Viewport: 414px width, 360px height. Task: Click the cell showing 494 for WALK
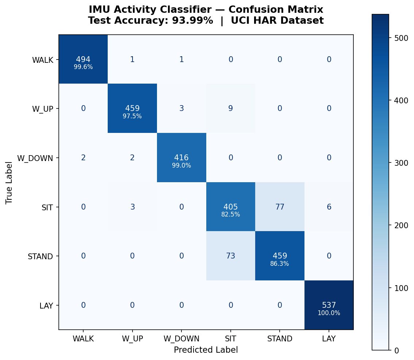coord(83,60)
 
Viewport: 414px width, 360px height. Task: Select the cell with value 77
coord(280,207)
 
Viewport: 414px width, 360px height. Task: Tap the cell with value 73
coord(230,256)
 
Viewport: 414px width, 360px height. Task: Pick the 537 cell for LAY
coord(329,305)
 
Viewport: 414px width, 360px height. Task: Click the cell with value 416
coord(181,158)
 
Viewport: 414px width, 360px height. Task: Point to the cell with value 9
coord(230,108)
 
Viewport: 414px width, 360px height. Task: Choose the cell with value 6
coord(329,207)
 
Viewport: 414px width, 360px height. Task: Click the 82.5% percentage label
coord(230,215)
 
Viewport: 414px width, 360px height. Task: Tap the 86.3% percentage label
coord(280,264)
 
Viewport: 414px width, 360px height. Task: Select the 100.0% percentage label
coord(329,313)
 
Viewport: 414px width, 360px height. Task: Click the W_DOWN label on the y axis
coord(35,158)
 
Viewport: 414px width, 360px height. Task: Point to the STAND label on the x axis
coord(280,339)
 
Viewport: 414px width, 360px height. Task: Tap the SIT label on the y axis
coord(47,207)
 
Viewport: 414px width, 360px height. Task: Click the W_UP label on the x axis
coord(132,339)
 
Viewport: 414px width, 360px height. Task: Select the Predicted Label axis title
coord(206,350)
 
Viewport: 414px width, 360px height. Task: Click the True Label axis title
coord(9,183)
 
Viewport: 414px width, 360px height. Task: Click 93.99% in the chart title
coord(193,21)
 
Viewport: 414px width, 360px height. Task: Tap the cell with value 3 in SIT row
coord(132,207)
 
